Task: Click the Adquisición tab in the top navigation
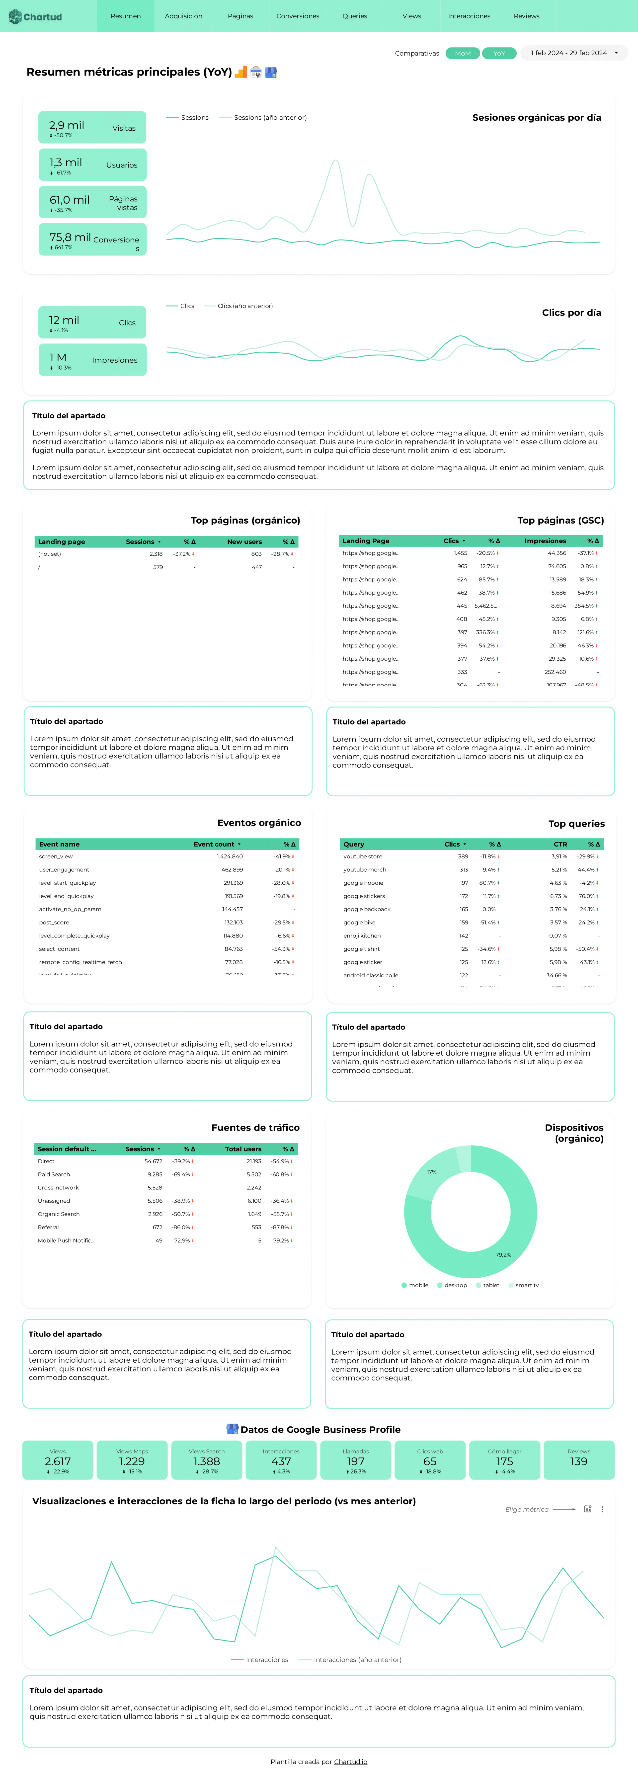[x=183, y=16]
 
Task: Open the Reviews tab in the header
[x=526, y=16]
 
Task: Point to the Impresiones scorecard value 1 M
[x=58, y=357]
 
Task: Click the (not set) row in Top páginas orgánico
[x=50, y=554]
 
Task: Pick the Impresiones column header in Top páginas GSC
[x=545, y=541]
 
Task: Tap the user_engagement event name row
[x=64, y=870]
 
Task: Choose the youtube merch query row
[x=365, y=870]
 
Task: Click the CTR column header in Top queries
[x=560, y=844]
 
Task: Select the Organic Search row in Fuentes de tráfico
[x=59, y=1214]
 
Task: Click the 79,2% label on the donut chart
[x=503, y=1255]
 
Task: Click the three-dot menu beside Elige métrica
[x=602, y=1509]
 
